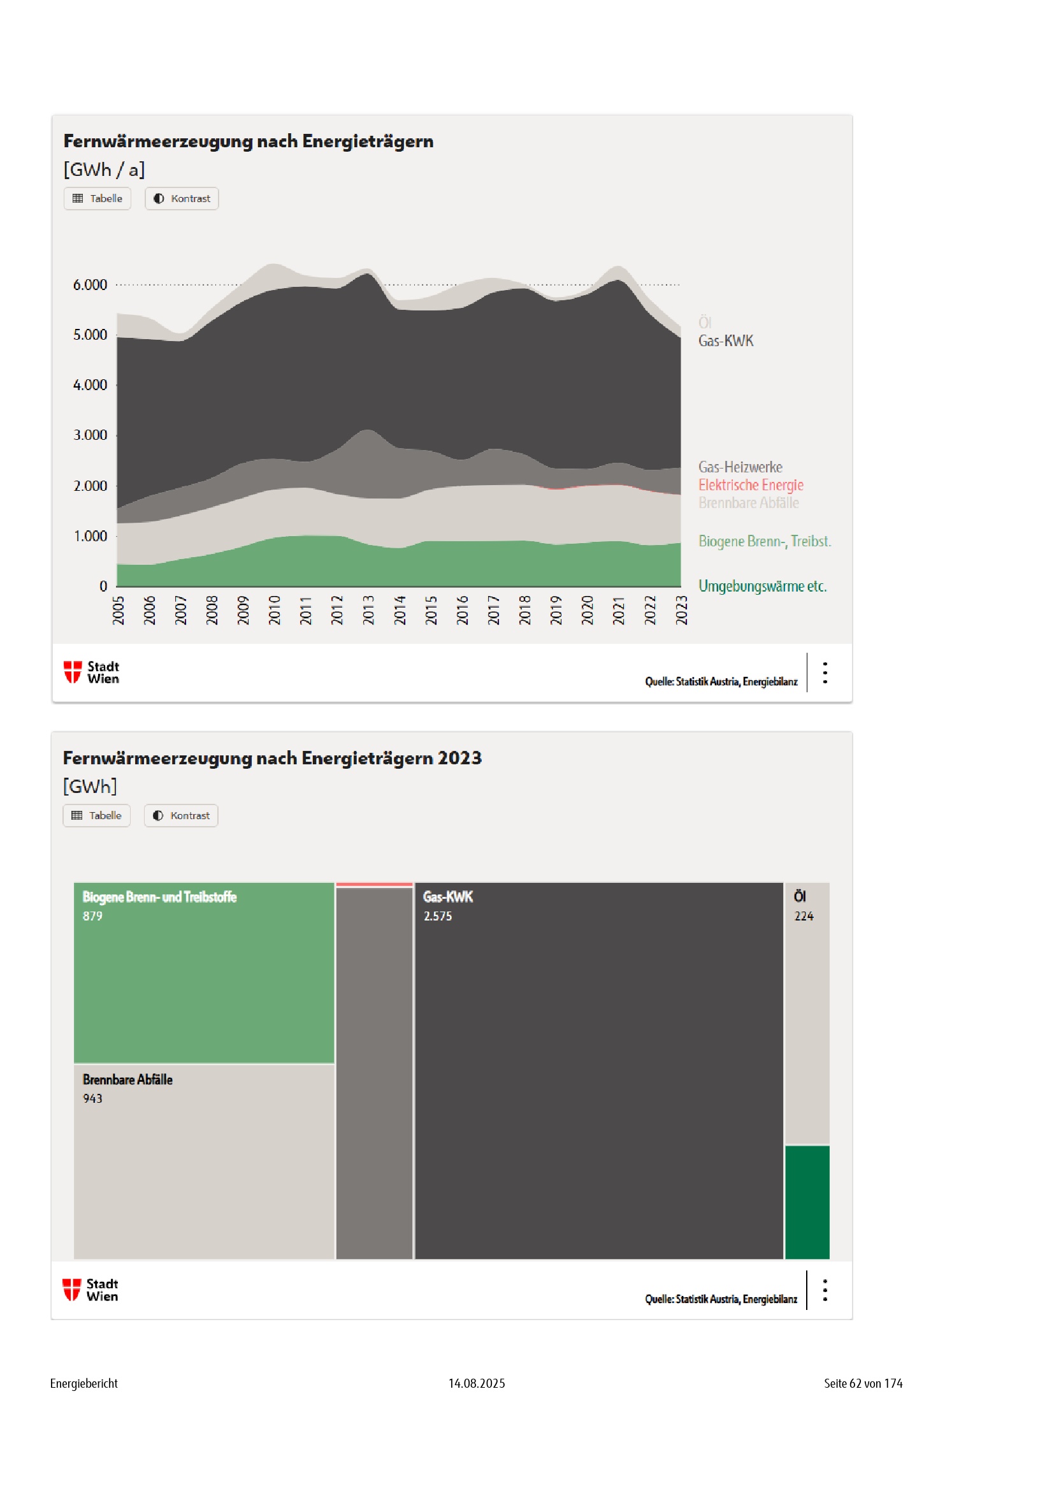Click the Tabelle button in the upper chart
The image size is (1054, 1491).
pyautogui.click(x=97, y=199)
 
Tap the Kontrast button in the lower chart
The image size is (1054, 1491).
pyautogui.click(x=181, y=816)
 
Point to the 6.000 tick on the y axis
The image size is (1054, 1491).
pyautogui.click(x=90, y=285)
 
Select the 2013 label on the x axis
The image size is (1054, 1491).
pyautogui.click(x=368, y=611)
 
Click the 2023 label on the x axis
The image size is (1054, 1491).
pyautogui.click(x=681, y=611)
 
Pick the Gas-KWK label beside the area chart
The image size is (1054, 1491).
pyautogui.click(x=726, y=341)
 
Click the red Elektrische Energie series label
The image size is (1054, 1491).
pyautogui.click(x=751, y=485)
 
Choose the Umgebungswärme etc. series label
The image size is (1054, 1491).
pyautogui.click(x=763, y=586)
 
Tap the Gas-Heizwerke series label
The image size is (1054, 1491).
pyautogui.click(x=740, y=467)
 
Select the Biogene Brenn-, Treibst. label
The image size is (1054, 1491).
pyautogui.click(x=765, y=542)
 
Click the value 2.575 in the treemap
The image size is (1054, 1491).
pyautogui.click(x=438, y=916)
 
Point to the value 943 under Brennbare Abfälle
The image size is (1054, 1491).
pyautogui.click(x=93, y=1099)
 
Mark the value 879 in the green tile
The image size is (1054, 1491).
pyautogui.click(x=93, y=916)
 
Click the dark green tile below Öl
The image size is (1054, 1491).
pyautogui.click(x=807, y=1202)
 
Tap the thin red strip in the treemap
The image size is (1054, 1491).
pyautogui.click(x=375, y=885)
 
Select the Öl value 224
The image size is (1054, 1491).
pyautogui.click(x=804, y=916)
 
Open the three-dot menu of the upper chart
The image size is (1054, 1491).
pyautogui.click(x=825, y=673)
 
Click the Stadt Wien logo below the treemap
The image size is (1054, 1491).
pyautogui.click(x=91, y=1290)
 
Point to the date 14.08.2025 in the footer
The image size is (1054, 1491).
pyautogui.click(x=477, y=1383)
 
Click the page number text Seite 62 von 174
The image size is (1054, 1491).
pyautogui.click(x=863, y=1383)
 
